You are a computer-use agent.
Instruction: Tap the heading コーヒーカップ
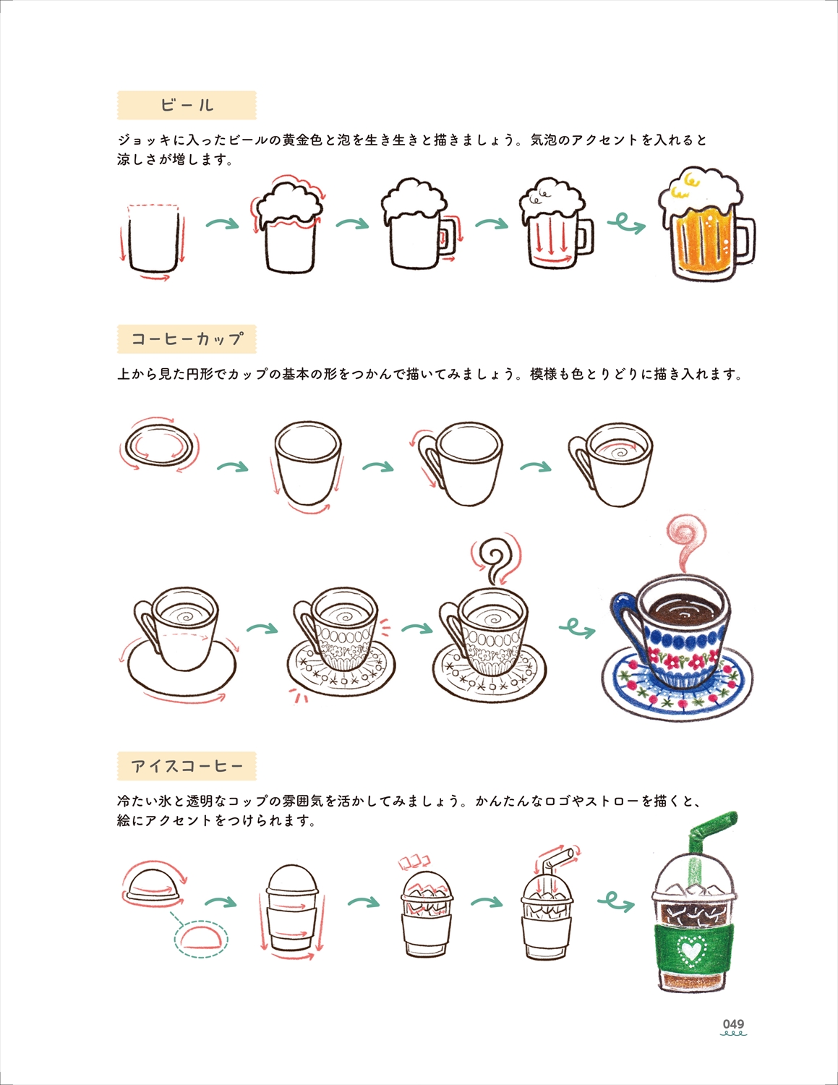187,339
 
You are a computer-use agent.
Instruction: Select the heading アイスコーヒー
187,766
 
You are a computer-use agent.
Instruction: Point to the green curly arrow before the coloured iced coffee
616,901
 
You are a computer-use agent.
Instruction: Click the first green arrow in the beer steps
223,224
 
